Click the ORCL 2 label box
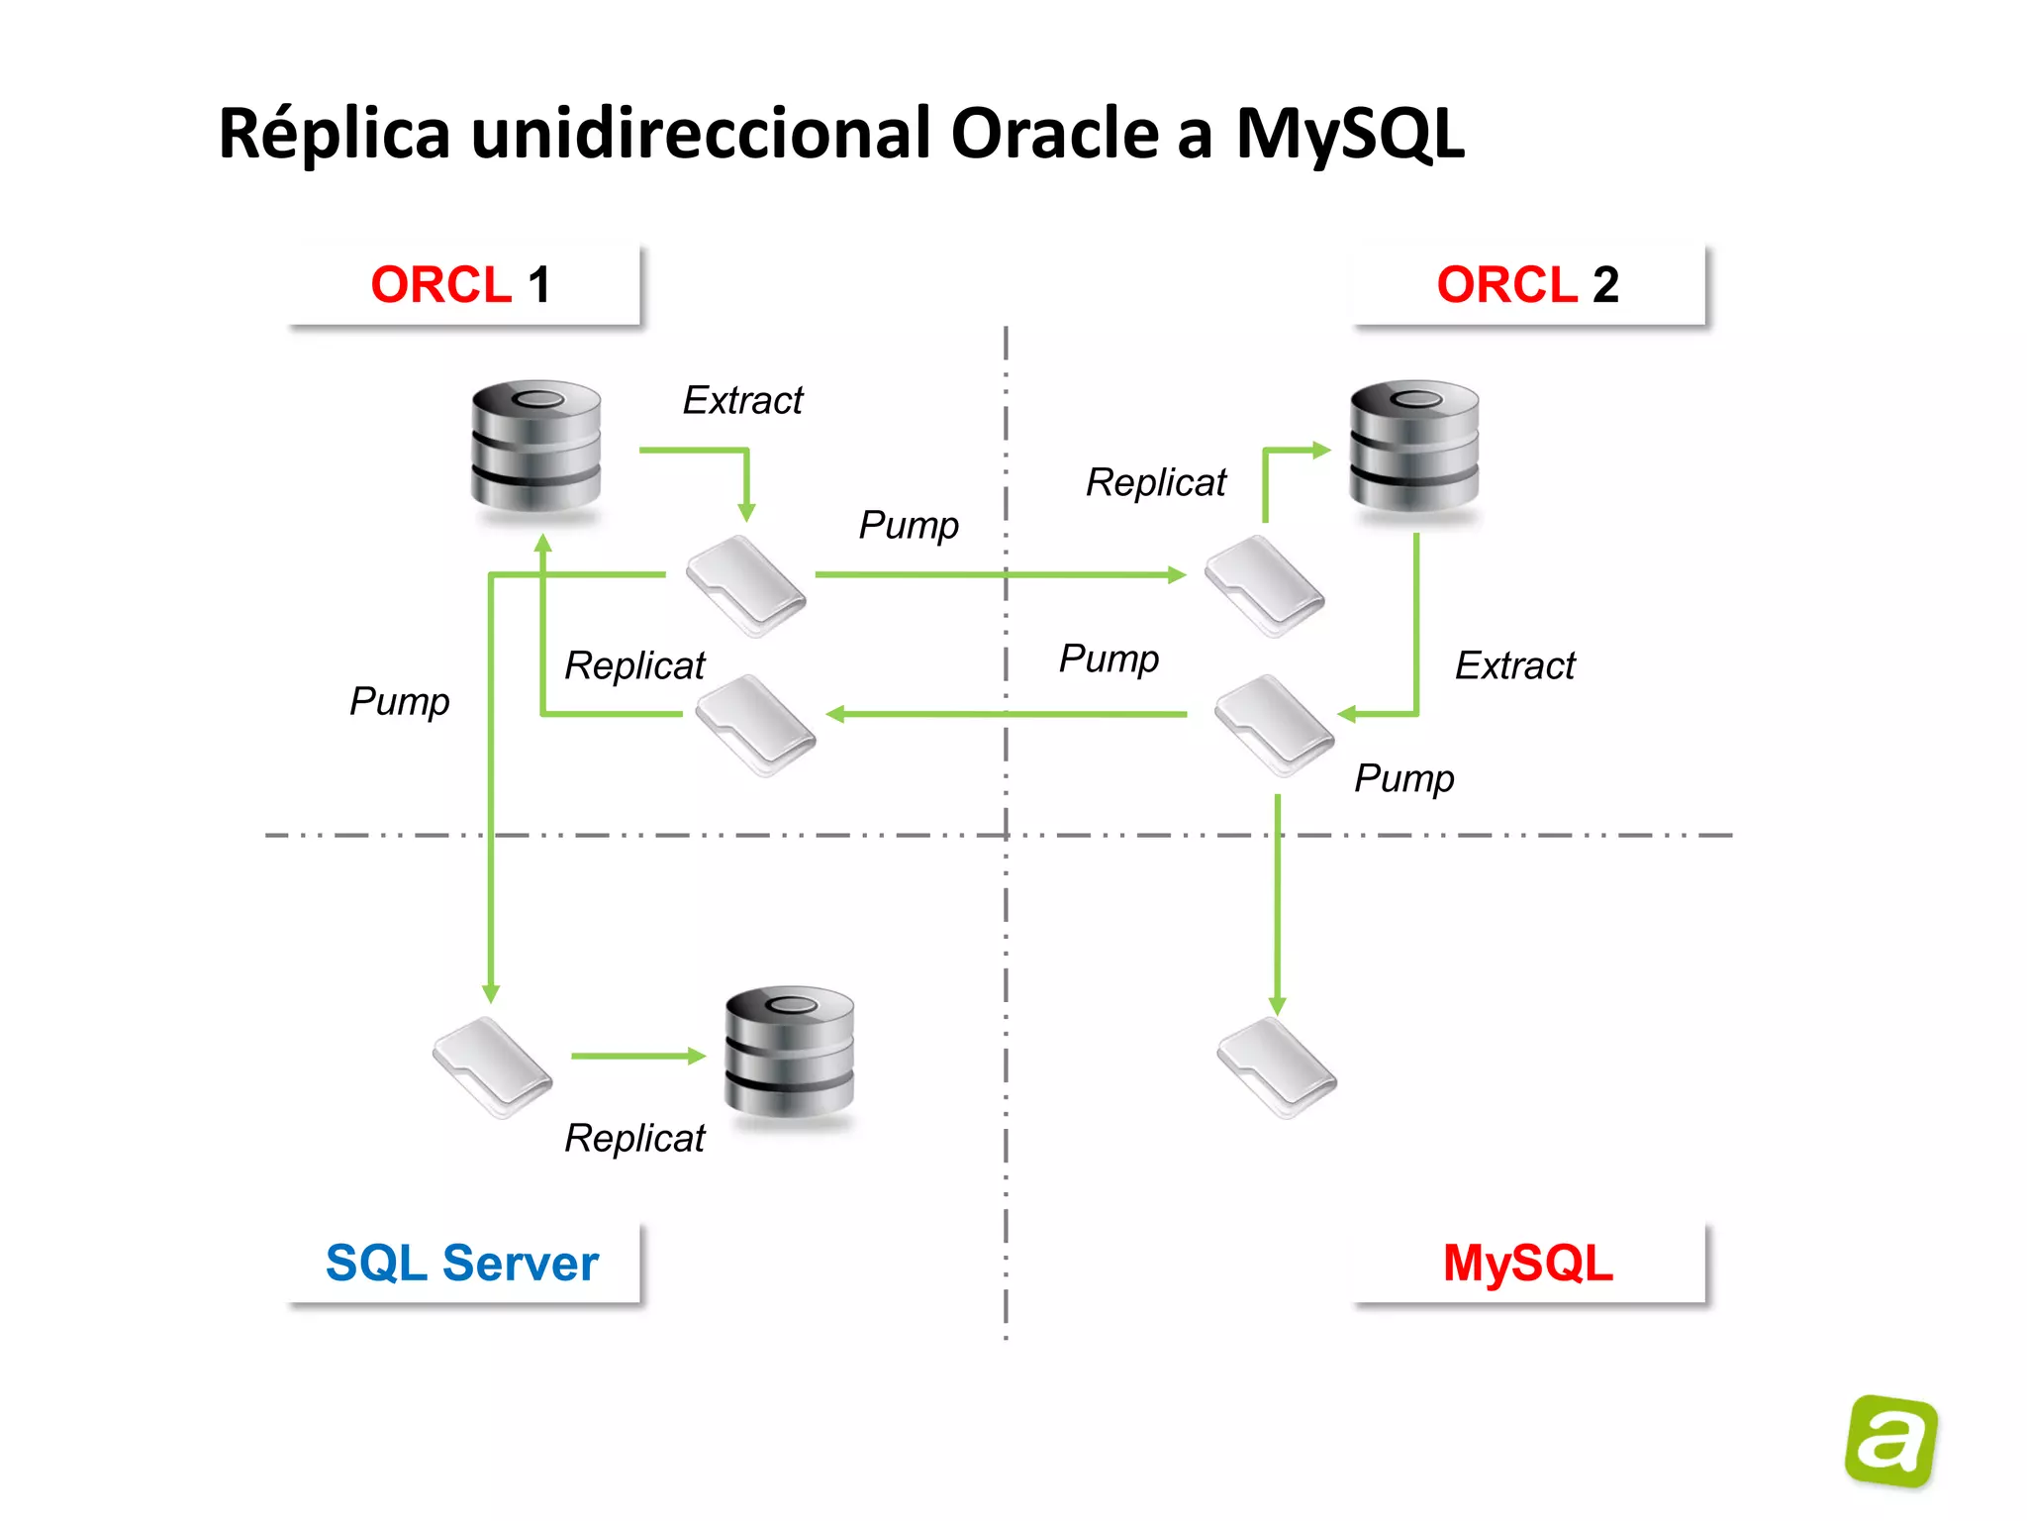(1528, 285)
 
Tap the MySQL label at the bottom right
(1528, 1264)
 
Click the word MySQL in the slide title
(1350, 135)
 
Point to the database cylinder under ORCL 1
(535, 446)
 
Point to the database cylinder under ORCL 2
(1414, 446)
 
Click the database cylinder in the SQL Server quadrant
(789, 1052)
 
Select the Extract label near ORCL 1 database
(742, 400)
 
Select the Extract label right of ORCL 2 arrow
(1514, 665)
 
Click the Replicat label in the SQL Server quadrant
(634, 1139)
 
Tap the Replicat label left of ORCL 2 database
(1155, 482)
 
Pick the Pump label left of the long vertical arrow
(399, 701)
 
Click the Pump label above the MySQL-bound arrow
(1403, 778)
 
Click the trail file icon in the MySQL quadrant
(1277, 1067)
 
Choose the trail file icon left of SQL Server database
(492, 1067)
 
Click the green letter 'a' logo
(1891, 1441)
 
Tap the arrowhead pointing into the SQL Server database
(697, 1057)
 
